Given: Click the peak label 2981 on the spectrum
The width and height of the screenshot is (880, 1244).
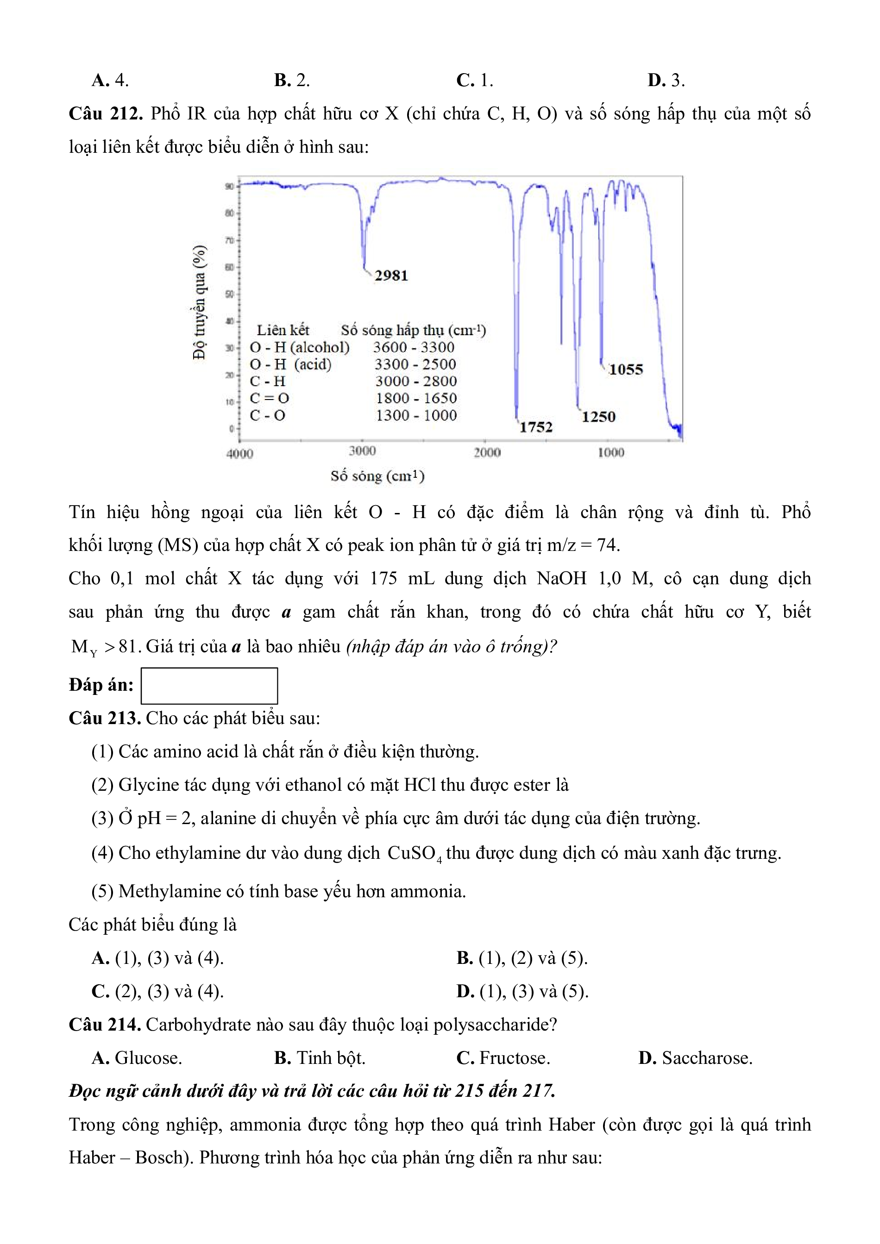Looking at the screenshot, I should [x=391, y=275].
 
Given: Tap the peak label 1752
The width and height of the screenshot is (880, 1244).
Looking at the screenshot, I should [x=535, y=427].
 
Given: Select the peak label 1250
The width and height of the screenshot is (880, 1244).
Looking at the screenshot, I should [x=598, y=417].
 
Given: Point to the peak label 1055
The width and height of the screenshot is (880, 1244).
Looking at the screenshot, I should [x=625, y=369].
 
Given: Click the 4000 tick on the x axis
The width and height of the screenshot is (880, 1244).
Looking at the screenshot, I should [x=239, y=454].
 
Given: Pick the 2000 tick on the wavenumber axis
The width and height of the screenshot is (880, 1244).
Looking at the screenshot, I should [x=487, y=452].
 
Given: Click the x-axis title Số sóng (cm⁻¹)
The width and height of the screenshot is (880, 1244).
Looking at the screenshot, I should [x=377, y=476].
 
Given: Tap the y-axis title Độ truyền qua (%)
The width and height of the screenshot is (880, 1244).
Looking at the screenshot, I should [x=200, y=302].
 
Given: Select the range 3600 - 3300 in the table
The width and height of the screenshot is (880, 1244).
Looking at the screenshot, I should [x=413, y=347].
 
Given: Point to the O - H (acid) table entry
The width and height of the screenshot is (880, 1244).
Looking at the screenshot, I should [x=290, y=364].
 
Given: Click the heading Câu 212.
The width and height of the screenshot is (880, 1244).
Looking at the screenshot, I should [x=106, y=114].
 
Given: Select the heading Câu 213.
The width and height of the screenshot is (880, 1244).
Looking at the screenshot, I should [x=105, y=718].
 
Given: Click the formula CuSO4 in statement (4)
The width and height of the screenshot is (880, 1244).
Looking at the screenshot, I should [x=415, y=853].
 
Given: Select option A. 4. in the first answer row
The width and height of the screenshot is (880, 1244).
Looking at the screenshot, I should [x=110, y=80].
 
